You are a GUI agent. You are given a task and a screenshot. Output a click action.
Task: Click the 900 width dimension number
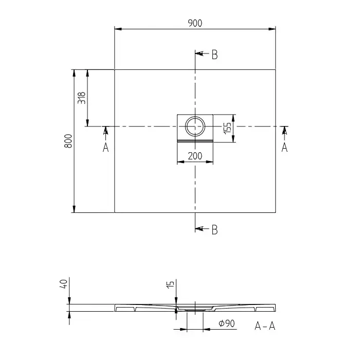(x=194, y=23)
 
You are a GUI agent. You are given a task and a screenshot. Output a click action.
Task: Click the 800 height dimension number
(x=68, y=141)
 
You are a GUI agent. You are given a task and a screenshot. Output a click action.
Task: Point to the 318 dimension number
(x=81, y=98)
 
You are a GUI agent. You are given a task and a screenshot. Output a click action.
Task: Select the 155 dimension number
(x=227, y=128)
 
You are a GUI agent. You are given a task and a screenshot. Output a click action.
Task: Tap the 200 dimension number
(x=194, y=156)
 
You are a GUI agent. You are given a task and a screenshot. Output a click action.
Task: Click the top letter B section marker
(x=214, y=55)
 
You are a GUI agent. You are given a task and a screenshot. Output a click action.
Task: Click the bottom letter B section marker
(x=214, y=229)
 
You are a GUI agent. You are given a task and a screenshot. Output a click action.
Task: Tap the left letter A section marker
(x=105, y=147)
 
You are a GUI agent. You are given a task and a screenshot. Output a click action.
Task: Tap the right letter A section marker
(x=284, y=147)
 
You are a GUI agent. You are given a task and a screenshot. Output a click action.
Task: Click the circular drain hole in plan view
(x=195, y=125)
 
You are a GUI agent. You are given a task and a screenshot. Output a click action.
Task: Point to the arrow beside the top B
(x=201, y=53)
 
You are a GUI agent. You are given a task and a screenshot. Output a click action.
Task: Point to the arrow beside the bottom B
(x=201, y=228)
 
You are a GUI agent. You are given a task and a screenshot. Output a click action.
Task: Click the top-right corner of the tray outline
(x=276, y=69)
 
